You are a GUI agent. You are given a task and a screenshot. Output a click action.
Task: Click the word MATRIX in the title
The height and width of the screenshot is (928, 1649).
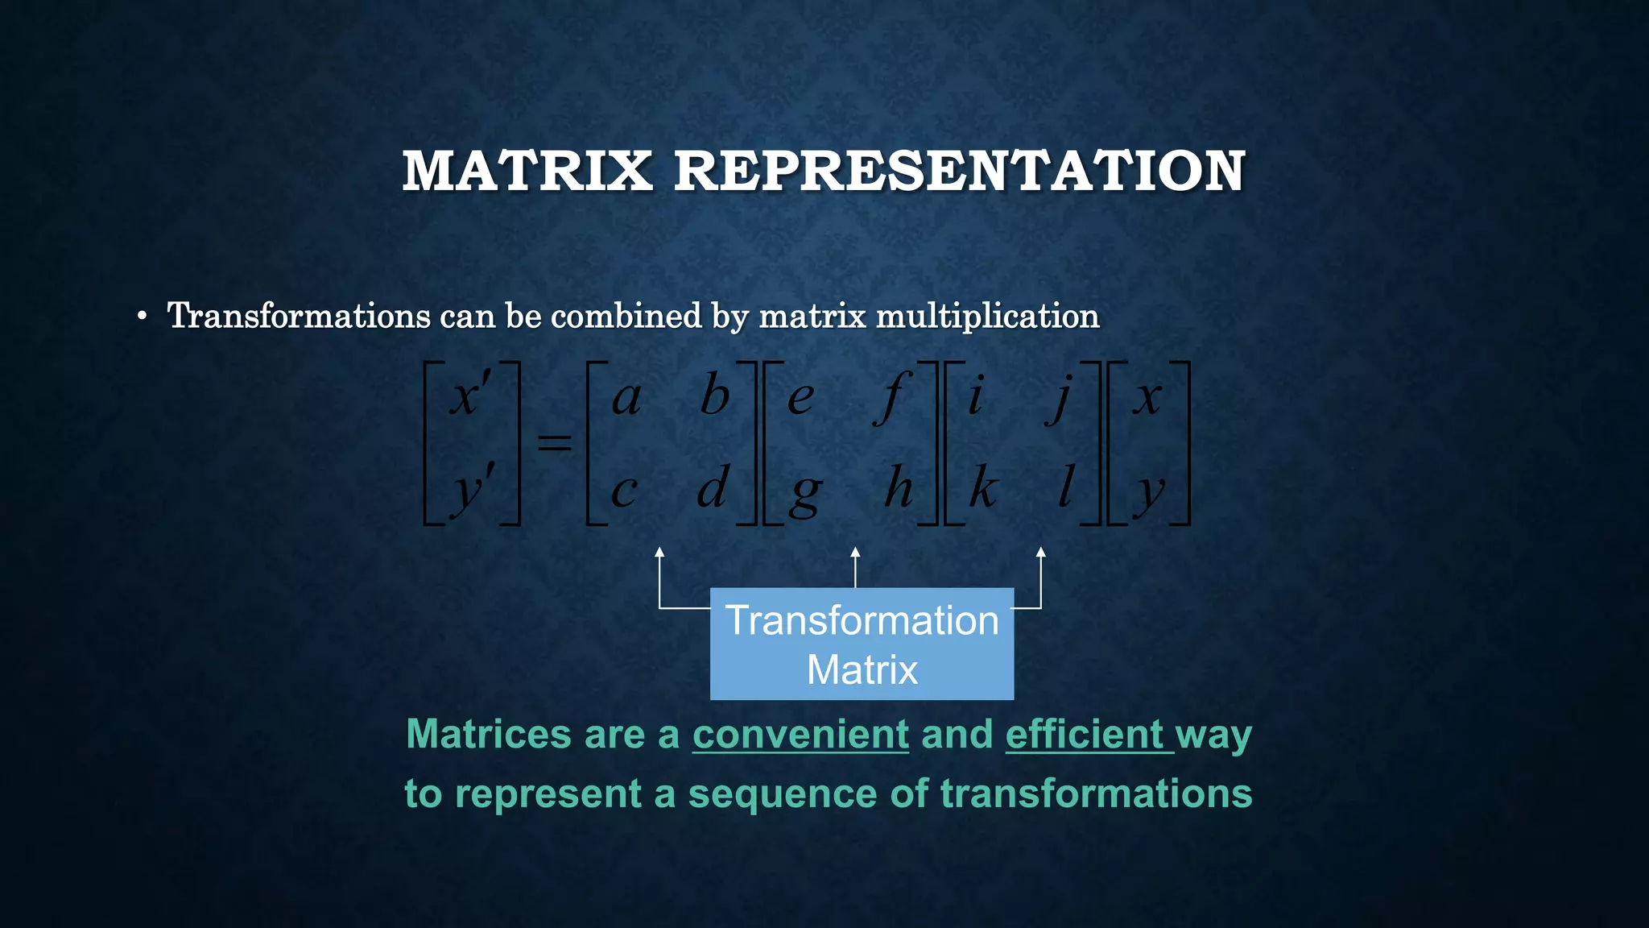tap(527, 171)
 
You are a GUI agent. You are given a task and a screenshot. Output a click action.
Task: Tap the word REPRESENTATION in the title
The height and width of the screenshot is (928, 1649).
tap(960, 171)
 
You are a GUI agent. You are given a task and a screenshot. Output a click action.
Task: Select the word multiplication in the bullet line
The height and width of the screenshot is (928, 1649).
tap(987, 316)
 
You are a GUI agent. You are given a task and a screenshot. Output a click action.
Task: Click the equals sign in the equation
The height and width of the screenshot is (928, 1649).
tap(554, 442)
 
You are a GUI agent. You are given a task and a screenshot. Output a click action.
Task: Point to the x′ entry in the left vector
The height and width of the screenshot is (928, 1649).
tap(470, 397)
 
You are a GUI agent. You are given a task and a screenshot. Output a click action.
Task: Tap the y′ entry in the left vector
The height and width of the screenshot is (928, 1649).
tap(472, 490)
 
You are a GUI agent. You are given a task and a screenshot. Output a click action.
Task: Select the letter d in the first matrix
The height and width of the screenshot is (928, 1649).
tap(713, 487)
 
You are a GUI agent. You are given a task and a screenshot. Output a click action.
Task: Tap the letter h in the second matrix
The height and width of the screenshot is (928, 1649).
tap(899, 487)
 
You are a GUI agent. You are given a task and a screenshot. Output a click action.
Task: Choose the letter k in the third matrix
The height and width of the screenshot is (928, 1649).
tap(983, 487)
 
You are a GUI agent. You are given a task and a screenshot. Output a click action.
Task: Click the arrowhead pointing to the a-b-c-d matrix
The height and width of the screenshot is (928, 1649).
tap(659, 553)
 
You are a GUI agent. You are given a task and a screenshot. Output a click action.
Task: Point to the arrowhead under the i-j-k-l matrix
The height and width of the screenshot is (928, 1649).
tap(1041, 553)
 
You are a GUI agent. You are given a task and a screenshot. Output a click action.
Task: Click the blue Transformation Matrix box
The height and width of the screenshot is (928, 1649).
tap(862, 644)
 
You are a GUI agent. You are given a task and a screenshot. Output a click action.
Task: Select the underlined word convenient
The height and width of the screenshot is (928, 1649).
tap(800, 734)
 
